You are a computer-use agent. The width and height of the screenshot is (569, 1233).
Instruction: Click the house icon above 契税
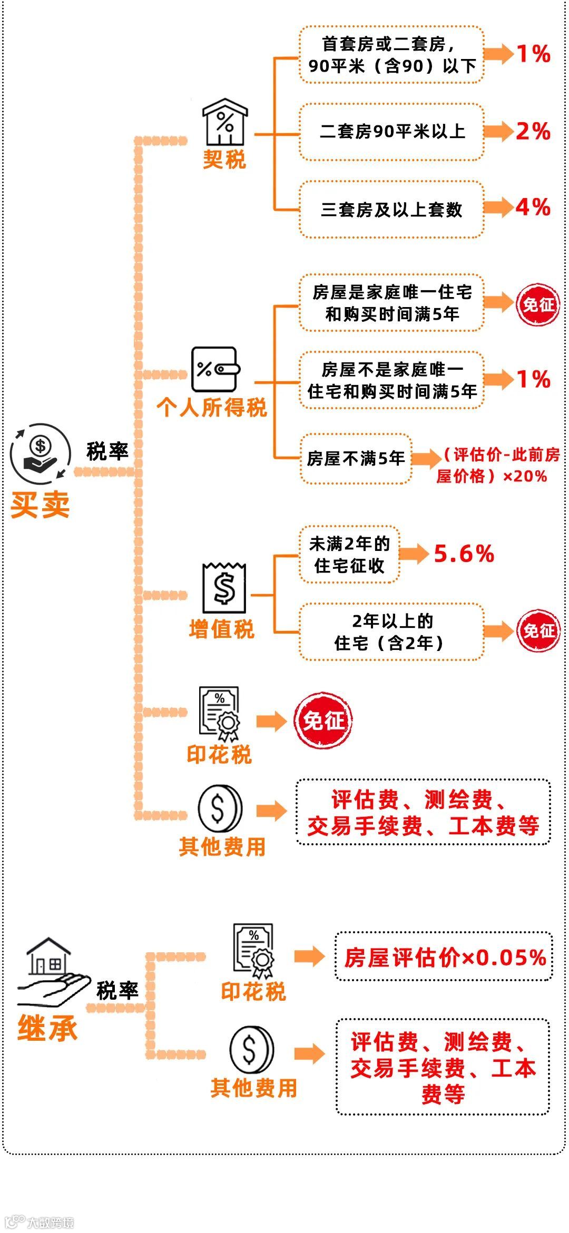coord(225,122)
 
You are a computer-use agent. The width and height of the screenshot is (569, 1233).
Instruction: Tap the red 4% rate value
coord(533,207)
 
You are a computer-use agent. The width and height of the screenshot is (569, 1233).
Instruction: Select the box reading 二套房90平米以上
coord(391,132)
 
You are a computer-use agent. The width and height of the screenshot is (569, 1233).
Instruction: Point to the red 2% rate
coord(533,131)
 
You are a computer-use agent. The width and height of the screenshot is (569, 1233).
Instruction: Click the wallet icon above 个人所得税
coord(215,369)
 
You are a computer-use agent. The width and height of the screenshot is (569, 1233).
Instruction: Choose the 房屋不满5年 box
coord(356,459)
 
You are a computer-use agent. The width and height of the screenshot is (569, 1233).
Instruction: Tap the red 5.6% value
coord(464,554)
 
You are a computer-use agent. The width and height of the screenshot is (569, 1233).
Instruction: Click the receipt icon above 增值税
coord(224,588)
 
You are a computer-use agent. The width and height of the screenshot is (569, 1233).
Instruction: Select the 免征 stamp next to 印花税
coord(322,720)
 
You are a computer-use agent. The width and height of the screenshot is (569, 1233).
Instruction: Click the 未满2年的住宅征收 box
coord(349,555)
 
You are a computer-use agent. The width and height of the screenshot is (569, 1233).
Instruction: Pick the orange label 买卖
coord(40,505)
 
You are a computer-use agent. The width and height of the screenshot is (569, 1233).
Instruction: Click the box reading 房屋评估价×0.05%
coord(444,957)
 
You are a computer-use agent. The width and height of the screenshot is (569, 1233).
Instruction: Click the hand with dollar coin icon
coord(40,453)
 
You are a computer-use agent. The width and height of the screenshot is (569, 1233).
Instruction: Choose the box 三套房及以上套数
coord(391,210)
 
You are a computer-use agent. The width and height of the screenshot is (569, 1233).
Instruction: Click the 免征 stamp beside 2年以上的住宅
coord(537,630)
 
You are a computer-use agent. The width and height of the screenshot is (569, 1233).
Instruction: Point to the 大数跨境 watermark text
coord(51,1222)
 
